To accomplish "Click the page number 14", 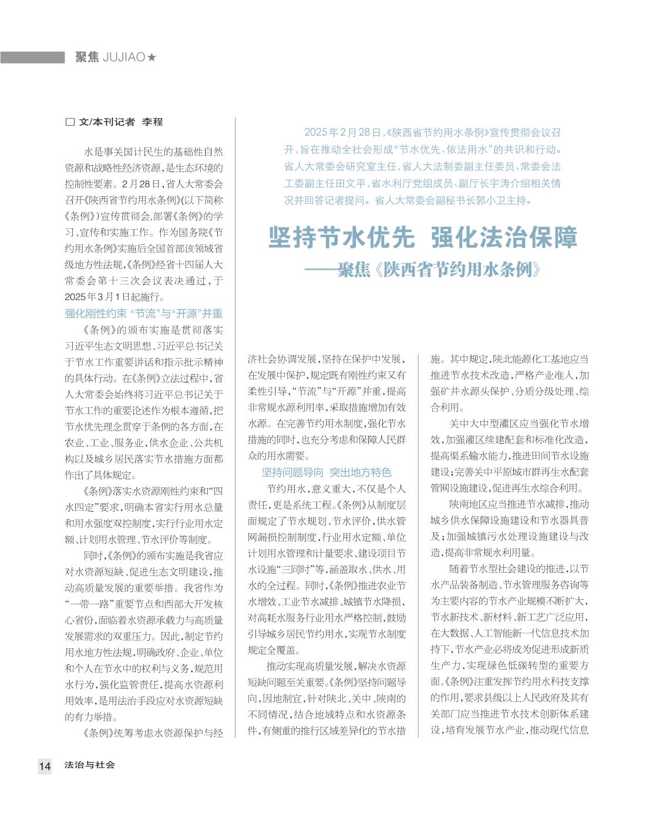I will pyautogui.click(x=45, y=766).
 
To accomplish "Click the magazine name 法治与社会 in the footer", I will pyautogui.click(x=90, y=765).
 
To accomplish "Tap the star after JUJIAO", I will pyautogui.click(x=152, y=58).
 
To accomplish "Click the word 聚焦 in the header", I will pyautogui.click(x=87, y=58).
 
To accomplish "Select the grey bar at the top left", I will pyautogui.click(x=32, y=58).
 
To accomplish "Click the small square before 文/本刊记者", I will pyautogui.click(x=70, y=122).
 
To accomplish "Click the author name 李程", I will pyautogui.click(x=152, y=122).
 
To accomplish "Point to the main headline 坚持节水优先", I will pyautogui.click(x=341, y=238).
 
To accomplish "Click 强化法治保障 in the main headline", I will pyautogui.click(x=504, y=238).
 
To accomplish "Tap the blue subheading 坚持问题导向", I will pyautogui.click(x=292, y=472).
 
